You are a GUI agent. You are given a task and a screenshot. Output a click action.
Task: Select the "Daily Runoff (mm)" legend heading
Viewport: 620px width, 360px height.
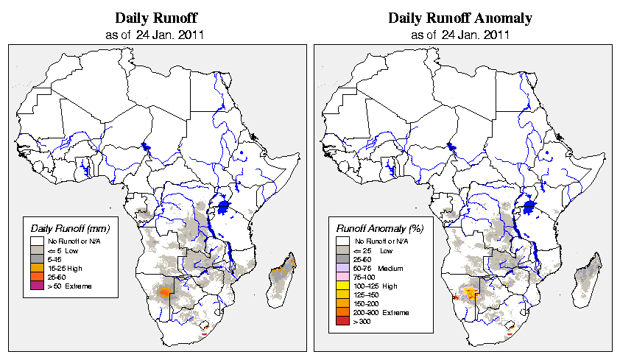coord(71,227)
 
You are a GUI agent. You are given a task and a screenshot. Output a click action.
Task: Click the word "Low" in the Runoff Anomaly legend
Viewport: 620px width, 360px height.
coord(386,250)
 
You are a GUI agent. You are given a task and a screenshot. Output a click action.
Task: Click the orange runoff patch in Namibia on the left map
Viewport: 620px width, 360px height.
coord(165,292)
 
